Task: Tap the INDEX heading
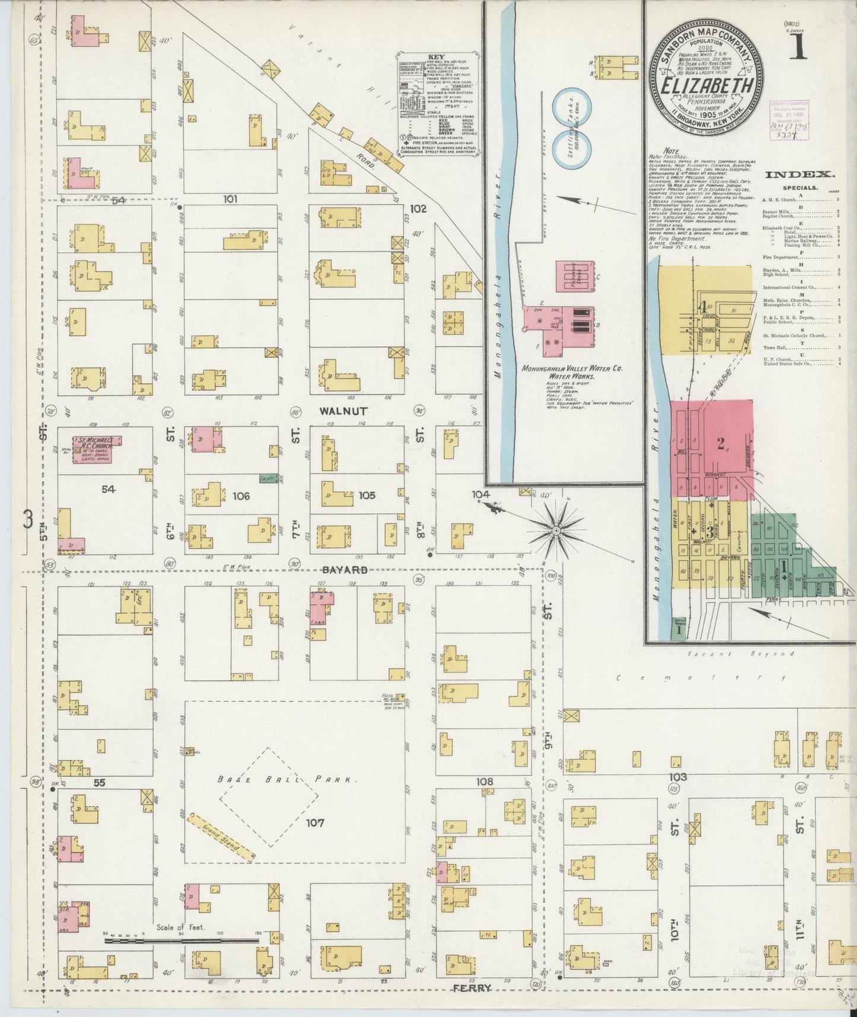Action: pos(799,174)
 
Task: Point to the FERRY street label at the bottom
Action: pos(471,988)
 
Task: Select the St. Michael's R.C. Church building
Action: pos(95,449)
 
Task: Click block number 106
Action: pos(241,495)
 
